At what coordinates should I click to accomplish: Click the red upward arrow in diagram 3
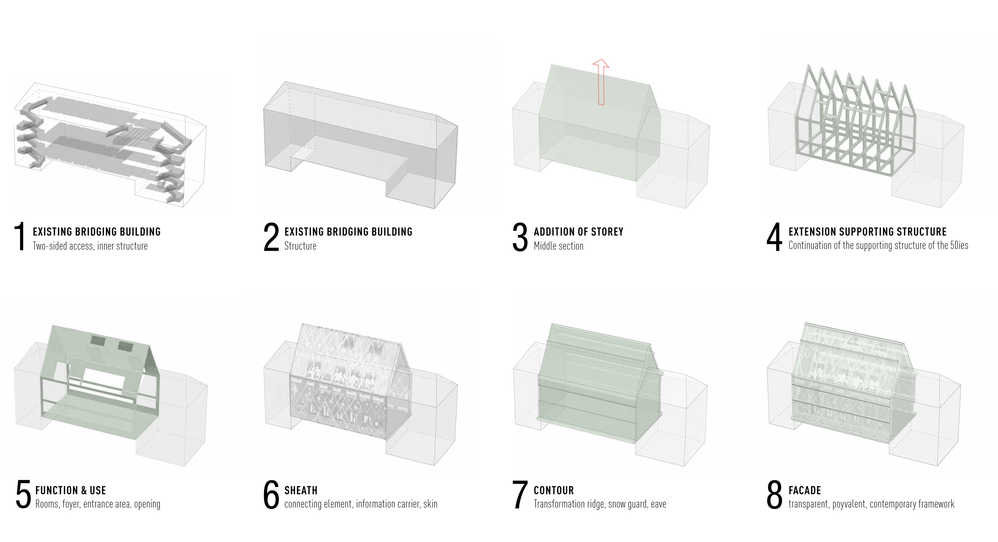601,82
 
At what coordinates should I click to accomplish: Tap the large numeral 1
20,236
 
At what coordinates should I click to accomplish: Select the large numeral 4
774,237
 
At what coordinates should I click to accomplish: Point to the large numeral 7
520,494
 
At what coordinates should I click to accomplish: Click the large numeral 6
271,494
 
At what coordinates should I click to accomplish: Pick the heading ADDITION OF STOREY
579,232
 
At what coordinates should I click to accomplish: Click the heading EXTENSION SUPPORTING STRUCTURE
868,232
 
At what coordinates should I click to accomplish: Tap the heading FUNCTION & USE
71,490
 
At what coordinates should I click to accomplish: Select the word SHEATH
301,490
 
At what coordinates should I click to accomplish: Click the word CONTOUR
554,490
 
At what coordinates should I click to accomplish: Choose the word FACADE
805,490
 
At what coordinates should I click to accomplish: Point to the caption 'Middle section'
558,246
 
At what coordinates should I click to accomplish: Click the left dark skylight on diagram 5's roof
97,341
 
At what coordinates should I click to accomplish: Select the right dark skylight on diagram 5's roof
125,346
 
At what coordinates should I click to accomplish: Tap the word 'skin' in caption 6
430,504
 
